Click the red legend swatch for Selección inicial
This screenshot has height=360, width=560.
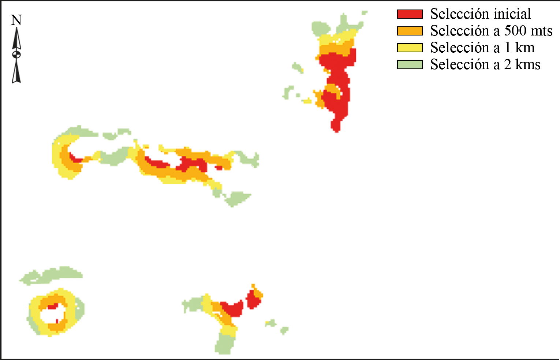click(410, 14)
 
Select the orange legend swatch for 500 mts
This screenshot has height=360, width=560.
click(410, 31)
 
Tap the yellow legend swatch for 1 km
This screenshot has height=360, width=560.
click(410, 48)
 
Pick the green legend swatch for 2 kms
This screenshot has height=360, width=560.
click(410, 65)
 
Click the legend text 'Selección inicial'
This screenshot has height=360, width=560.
click(480, 14)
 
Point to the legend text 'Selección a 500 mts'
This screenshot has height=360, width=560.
click(491, 31)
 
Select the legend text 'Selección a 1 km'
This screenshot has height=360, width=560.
click(482, 48)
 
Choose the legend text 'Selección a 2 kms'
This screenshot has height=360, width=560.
click(485, 65)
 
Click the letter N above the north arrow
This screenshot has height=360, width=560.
click(16, 20)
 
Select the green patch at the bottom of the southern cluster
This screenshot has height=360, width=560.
click(224, 344)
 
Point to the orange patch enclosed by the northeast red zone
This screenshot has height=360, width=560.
click(332, 89)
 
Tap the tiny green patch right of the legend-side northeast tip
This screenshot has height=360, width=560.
click(364, 13)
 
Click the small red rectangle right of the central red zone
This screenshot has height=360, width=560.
click(219, 168)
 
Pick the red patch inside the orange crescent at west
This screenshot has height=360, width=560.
click(75, 159)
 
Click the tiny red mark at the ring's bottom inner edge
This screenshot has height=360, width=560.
click(57, 321)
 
